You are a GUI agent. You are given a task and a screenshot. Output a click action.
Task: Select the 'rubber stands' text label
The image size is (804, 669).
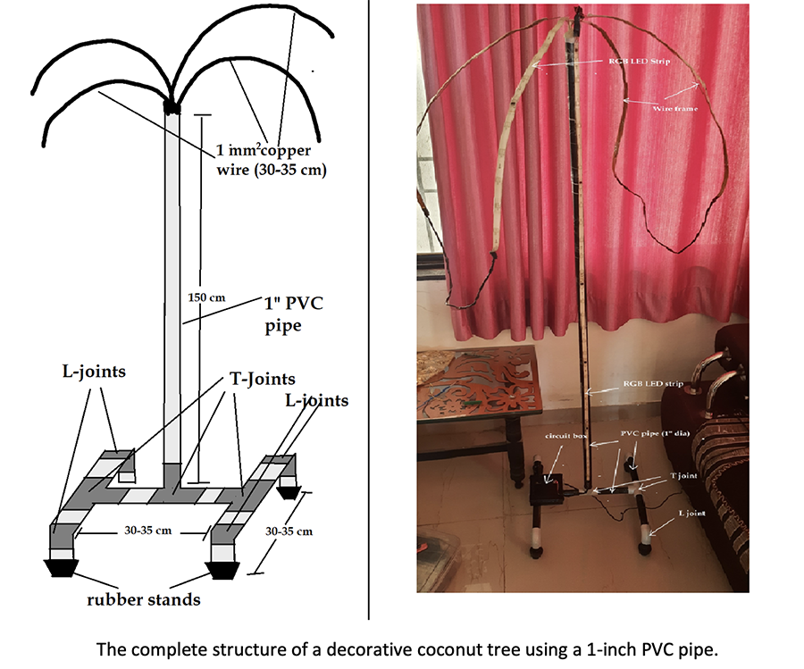tap(143, 599)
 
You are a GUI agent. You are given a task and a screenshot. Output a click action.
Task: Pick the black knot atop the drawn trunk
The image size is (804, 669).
tap(172, 105)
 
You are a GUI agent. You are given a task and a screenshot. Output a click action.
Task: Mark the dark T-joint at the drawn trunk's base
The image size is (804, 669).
tap(171, 474)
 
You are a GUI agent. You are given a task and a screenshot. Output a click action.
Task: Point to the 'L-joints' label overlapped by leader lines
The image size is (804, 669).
tap(315, 400)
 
